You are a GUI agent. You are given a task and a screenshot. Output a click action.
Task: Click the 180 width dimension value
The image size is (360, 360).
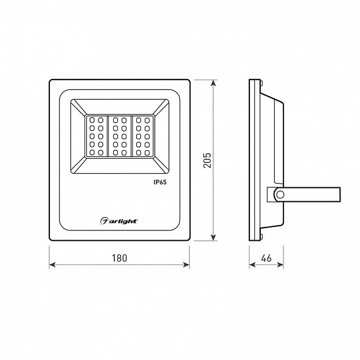119,258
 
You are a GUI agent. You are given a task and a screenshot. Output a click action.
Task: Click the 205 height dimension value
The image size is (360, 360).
207,160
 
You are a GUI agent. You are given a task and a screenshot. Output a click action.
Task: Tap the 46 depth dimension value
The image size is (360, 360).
266,258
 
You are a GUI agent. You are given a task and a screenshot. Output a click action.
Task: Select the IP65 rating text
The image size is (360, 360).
160,182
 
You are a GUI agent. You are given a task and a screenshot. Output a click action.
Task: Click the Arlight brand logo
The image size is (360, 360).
119,221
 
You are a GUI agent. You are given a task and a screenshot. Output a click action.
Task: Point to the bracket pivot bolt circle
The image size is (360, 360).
280,195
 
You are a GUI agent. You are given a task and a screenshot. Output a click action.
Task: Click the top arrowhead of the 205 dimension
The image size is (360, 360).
214,83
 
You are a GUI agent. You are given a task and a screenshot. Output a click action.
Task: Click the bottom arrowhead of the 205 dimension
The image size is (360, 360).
214,238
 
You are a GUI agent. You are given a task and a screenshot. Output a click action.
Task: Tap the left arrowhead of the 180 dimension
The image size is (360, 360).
52,265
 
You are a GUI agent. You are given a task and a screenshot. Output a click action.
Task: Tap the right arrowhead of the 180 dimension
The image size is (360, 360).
186,265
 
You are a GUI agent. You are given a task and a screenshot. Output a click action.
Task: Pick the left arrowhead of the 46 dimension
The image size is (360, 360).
252,265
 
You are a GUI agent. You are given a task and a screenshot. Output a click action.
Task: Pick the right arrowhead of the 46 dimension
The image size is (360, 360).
280,265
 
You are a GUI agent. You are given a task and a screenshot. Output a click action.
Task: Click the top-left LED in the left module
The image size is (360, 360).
92,120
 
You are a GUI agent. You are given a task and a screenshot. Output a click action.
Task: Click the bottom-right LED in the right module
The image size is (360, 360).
147,153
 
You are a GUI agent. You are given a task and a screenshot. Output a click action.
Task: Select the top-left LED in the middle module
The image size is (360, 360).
116,120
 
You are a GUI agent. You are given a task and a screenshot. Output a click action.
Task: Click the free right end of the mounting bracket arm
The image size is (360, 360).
340,195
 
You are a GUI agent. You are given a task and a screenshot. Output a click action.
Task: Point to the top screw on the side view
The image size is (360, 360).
261,83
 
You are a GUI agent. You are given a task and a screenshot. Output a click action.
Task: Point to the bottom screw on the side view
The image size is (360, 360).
261,237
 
